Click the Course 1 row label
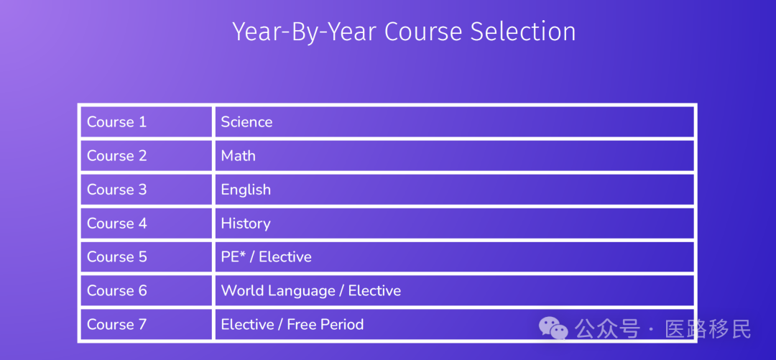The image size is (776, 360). (x=117, y=122)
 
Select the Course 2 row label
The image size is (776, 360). (x=117, y=155)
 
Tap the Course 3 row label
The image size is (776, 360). (x=117, y=189)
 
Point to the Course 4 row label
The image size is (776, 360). (x=117, y=223)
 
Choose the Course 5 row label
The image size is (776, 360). (x=117, y=257)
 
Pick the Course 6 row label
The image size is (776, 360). (x=117, y=290)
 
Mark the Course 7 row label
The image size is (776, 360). (x=117, y=324)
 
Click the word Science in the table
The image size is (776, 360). (x=246, y=122)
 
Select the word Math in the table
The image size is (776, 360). (x=238, y=155)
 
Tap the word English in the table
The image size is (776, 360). (x=246, y=190)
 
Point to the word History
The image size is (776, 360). (x=246, y=223)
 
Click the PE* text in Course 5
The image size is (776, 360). (x=234, y=257)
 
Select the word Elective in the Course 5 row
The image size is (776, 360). (x=285, y=257)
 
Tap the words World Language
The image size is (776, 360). (x=277, y=291)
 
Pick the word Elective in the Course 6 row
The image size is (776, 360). (x=374, y=290)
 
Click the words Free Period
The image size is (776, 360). (x=325, y=324)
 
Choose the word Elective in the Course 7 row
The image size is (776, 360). (x=247, y=324)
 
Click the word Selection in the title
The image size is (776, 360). (x=523, y=32)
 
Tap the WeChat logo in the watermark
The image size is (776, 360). (x=553, y=328)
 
